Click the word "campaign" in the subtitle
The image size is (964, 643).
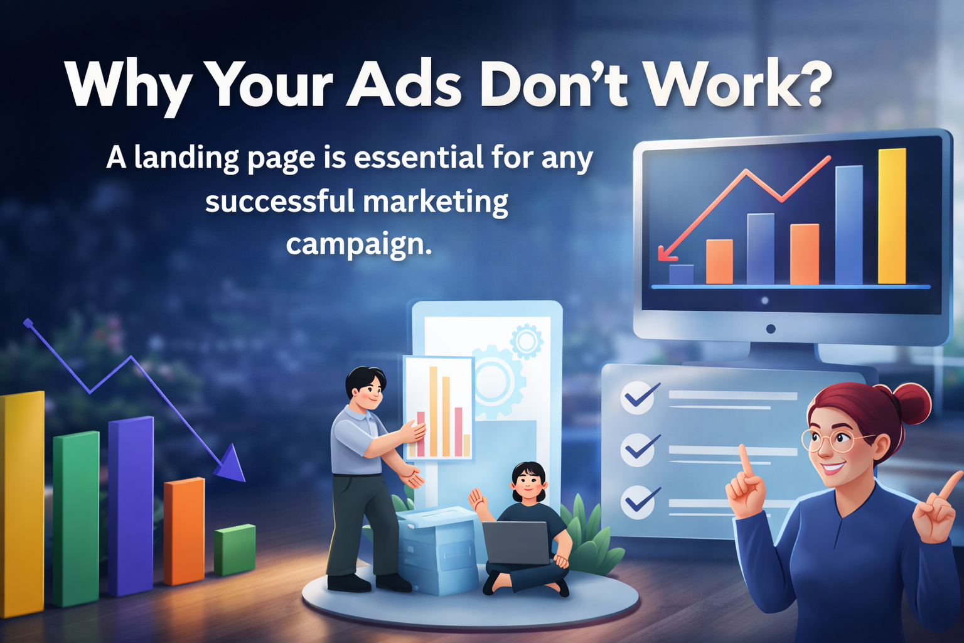355,244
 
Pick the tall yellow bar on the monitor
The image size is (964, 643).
892,216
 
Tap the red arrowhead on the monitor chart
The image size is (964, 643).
666,253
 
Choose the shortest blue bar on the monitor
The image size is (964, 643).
682,274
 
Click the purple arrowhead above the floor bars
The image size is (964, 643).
230,463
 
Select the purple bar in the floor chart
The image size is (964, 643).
131,505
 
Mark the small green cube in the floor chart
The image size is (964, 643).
235,549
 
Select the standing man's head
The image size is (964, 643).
366,388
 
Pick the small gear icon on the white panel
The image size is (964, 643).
526,342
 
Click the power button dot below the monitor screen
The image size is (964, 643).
771,329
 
